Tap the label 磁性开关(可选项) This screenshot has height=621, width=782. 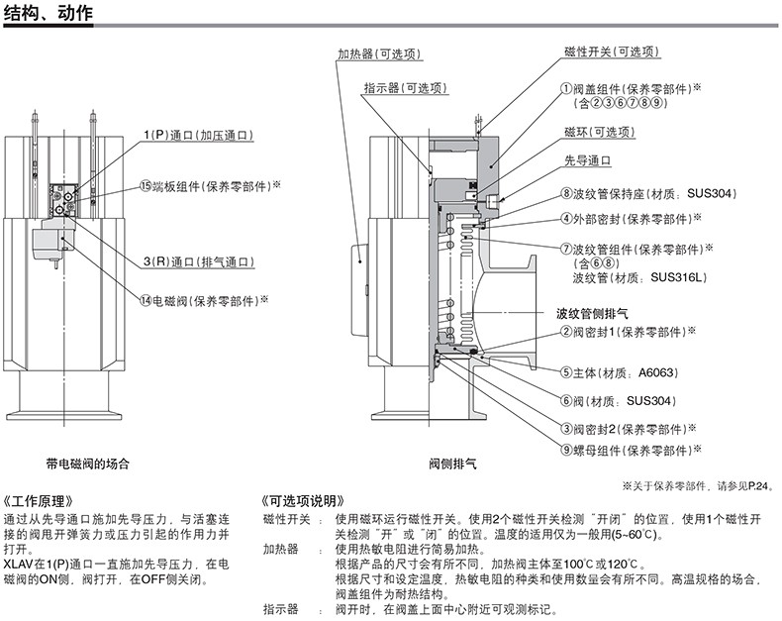click(612, 52)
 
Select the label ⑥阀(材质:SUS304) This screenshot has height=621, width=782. click(618, 401)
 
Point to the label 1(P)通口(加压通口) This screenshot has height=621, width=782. click(198, 135)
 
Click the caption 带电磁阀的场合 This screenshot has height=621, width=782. click(87, 463)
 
